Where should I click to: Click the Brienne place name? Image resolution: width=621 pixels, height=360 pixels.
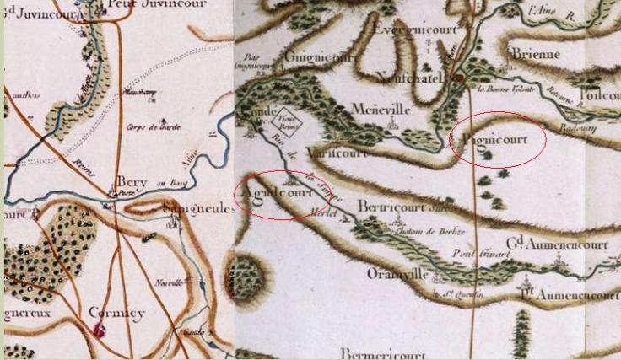[535, 54]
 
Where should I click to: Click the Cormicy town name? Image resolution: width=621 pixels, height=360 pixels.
[116, 313]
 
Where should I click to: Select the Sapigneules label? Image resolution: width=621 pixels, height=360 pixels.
[196, 208]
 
